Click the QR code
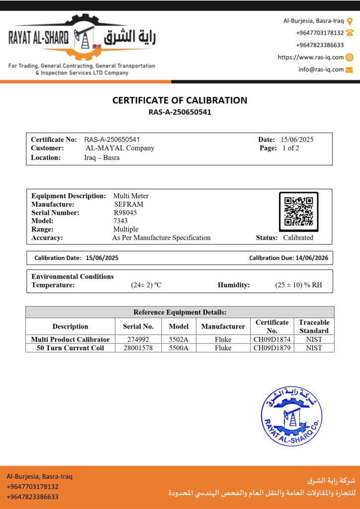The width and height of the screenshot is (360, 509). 298,211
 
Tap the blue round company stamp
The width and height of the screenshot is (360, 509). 291,416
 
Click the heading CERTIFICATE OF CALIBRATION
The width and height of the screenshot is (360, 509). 180,100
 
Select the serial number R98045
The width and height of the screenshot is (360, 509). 125,212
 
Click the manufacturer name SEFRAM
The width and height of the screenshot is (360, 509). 128,204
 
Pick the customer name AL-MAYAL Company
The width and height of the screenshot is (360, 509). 120,148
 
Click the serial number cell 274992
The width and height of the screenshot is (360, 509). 138,339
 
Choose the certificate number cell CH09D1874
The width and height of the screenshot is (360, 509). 272,339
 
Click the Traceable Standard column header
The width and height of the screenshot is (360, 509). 314,326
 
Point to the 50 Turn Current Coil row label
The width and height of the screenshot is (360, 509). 70,348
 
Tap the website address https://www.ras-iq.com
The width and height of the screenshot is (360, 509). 311,57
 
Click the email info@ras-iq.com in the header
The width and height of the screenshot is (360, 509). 321,70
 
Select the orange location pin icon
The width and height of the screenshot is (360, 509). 350,21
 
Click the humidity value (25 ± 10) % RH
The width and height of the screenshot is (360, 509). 298,285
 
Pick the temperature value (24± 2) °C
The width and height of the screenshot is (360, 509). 146,285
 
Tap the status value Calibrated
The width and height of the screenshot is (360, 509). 298,238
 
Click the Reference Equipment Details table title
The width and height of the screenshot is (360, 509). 180,312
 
